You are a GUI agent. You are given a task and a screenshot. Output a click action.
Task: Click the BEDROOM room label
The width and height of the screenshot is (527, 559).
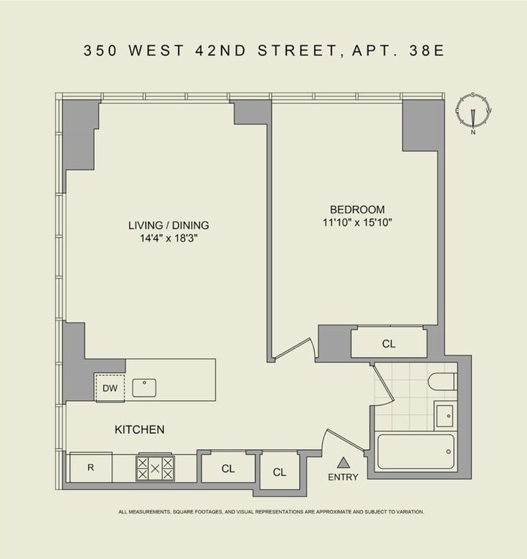click(x=357, y=209)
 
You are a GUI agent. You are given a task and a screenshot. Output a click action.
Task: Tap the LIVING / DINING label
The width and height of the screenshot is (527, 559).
click(x=169, y=225)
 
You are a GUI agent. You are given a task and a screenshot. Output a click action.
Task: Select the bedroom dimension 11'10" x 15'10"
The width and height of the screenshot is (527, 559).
click(x=357, y=223)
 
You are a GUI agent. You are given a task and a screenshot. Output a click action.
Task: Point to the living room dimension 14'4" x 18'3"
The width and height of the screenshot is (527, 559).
click(x=169, y=238)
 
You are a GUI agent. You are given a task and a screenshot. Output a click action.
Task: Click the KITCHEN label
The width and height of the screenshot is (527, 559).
click(x=140, y=429)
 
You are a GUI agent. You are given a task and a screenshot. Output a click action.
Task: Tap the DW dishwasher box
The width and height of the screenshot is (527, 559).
click(x=110, y=388)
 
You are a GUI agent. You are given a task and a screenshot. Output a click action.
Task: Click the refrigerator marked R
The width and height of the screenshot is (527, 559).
click(x=91, y=467)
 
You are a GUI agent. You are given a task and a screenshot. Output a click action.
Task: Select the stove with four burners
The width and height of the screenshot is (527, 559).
click(x=155, y=468)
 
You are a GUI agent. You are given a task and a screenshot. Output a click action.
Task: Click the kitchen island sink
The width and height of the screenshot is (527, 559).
click(x=144, y=388)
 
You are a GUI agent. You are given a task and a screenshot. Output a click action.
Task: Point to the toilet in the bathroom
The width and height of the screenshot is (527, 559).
click(x=442, y=381)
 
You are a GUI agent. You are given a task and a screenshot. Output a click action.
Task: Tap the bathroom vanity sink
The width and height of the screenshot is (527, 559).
click(x=445, y=415)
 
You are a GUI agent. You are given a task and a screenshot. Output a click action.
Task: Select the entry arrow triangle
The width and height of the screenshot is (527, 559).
click(x=343, y=462)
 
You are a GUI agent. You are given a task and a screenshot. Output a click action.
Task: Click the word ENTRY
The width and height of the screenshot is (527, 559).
click(x=343, y=477)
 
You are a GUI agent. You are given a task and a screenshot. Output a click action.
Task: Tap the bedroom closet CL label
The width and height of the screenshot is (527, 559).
click(x=389, y=344)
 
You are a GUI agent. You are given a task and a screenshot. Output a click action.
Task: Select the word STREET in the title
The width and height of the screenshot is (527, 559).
click(x=297, y=50)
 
